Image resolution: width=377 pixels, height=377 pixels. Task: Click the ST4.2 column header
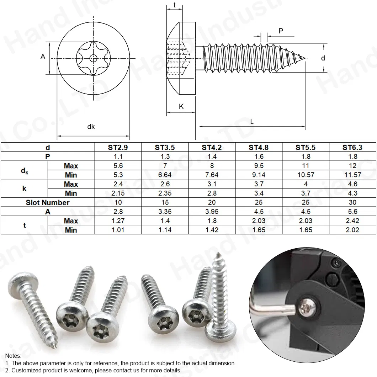click(x=212, y=147)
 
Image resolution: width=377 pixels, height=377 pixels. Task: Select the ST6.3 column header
click(x=352, y=147)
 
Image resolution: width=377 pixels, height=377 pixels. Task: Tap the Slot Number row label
click(x=48, y=203)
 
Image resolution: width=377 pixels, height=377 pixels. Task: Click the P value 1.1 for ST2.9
click(x=118, y=156)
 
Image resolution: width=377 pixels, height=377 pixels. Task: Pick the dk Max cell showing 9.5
click(x=259, y=166)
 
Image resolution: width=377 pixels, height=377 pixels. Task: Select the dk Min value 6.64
click(x=165, y=175)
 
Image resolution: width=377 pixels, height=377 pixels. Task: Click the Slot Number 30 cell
click(x=352, y=203)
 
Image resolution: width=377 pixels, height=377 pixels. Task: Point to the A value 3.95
click(x=212, y=212)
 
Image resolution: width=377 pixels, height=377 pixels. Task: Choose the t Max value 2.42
click(x=352, y=221)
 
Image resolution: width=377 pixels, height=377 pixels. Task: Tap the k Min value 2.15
click(x=118, y=193)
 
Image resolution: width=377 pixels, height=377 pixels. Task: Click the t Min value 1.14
click(x=165, y=230)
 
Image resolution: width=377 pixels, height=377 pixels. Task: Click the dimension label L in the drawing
click(x=252, y=122)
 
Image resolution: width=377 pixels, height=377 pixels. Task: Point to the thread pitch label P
click(x=281, y=31)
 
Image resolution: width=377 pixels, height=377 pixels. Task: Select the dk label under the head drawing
click(x=91, y=127)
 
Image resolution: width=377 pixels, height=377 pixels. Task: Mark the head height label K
click(x=181, y=106)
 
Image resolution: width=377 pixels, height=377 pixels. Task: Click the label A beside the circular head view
click(x=43, y=57)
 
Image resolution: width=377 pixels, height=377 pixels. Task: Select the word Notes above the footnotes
click(x=13, y=356)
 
